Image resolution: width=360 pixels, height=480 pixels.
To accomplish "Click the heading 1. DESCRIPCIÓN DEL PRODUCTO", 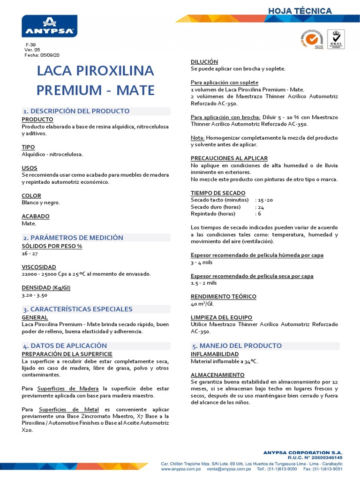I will click(76, 111).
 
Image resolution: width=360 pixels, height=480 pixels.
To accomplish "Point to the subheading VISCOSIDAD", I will click(39, 267).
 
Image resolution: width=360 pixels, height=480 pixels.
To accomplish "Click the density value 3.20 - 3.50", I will click(35, 296).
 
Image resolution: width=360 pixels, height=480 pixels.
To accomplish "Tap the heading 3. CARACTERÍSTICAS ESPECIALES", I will click(78, 309).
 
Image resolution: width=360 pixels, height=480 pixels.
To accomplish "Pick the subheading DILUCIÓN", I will click(204, 62).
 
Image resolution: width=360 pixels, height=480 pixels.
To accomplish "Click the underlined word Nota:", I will click(197, 138).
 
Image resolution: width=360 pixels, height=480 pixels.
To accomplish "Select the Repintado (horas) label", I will click(213, 214).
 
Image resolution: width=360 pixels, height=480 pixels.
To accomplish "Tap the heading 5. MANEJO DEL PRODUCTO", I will click(237, 345).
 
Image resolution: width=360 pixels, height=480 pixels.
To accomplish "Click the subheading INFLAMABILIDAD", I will click(215, 354).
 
